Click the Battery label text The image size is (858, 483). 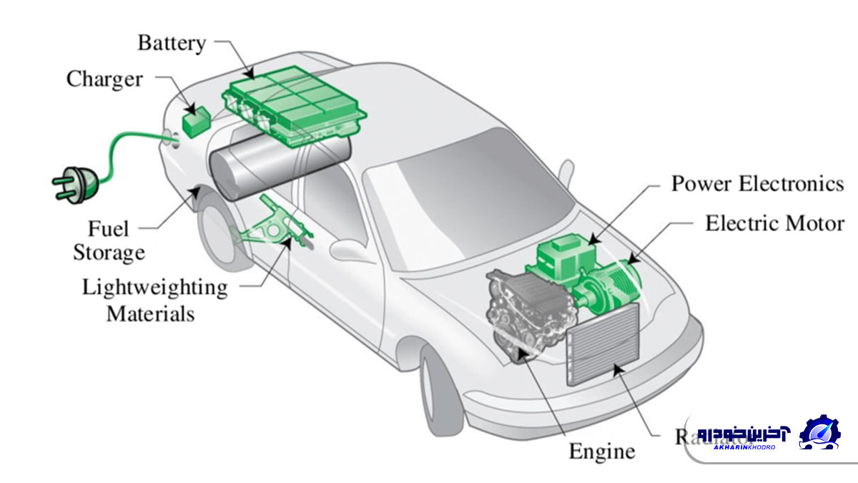171,42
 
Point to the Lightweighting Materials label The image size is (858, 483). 154,301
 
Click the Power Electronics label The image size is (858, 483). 757,184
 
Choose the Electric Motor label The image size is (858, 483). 774,223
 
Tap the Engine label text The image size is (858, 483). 601,452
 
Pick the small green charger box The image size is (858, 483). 194,122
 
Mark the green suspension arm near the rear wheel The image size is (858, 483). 275,225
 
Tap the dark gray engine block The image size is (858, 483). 522,308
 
